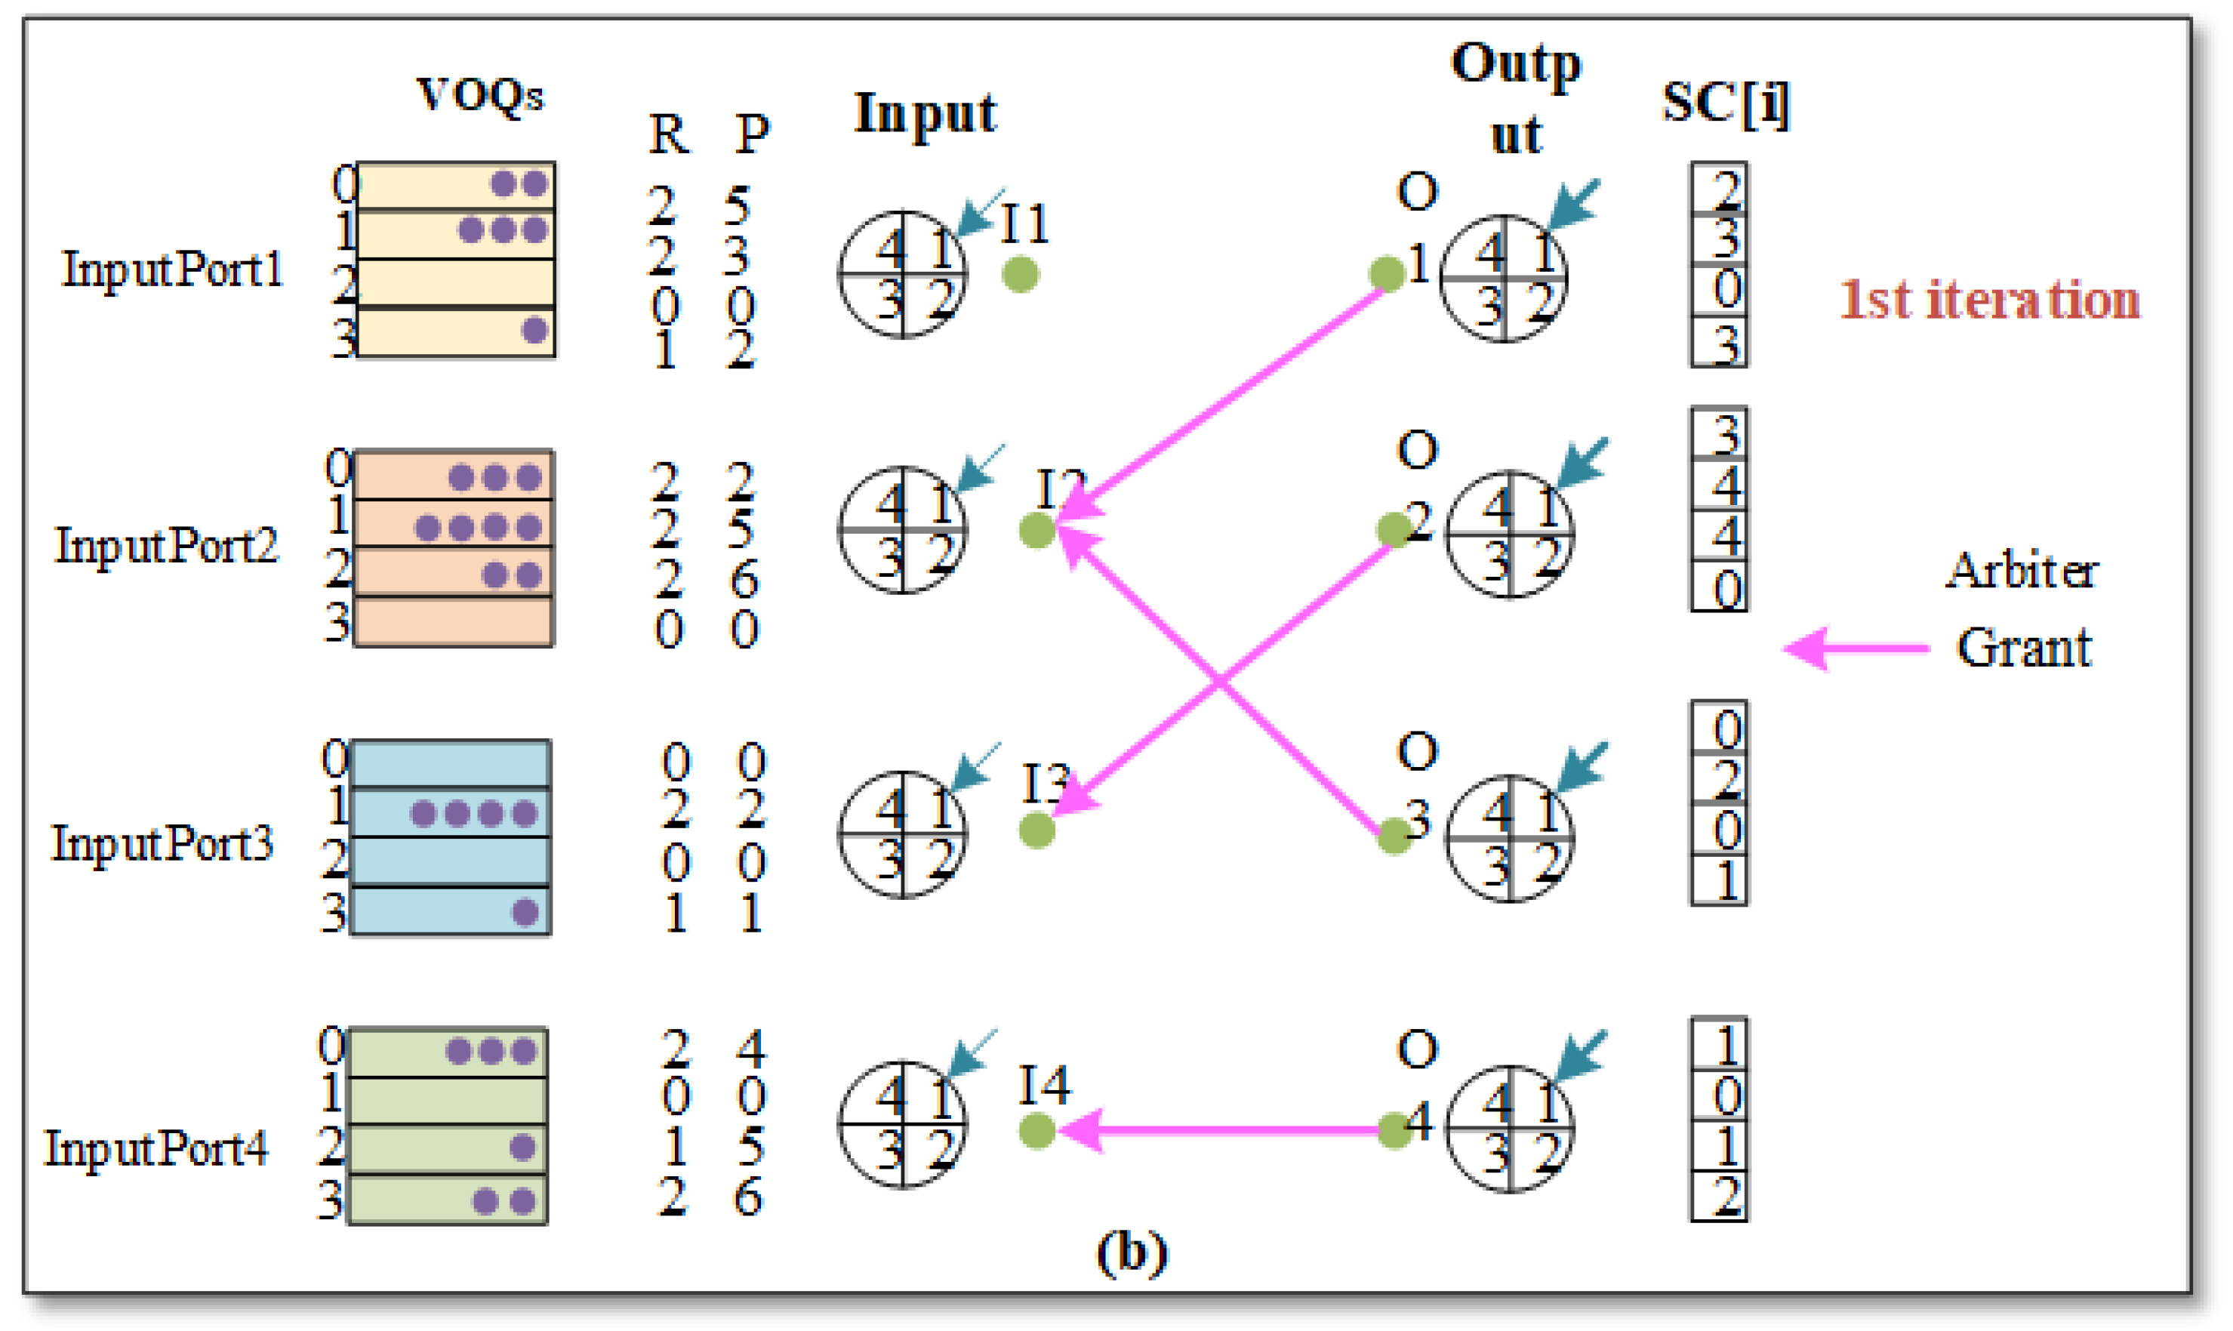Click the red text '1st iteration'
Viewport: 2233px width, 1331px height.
click(x=1988, y=300)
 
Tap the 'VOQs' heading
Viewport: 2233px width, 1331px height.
click(x=481, y=95)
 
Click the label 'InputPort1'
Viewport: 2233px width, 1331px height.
click(x=172, y=269)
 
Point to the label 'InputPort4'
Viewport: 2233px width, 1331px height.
click(x=156, y=1149)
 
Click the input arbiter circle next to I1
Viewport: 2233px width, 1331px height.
click(x=902, y=275)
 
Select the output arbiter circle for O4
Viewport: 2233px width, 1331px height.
click(x=1511, y=1129)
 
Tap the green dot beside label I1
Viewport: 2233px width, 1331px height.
click(x=1021, y=275)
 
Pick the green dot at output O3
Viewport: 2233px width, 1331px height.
click(x=1394, y=836)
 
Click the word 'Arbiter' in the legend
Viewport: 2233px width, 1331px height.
click(x=2022, y=571)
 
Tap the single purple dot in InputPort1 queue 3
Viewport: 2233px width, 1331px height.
click(x=534, y=330)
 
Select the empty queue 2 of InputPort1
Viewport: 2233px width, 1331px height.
click(x=455, y=282)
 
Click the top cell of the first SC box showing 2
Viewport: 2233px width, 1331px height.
click(x=1719, y=188)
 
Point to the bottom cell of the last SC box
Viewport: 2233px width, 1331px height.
click(x=1719, y=1197)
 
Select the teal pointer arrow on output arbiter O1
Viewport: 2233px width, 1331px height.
click(x=1574, y=205)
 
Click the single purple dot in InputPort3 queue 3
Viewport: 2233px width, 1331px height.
click(x=525, y=913)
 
